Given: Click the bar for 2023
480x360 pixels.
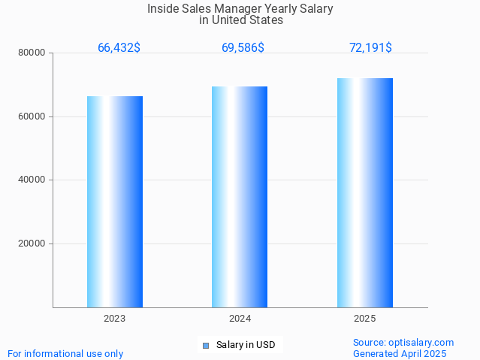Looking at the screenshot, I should point(115,201).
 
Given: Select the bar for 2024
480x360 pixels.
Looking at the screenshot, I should point(240,197).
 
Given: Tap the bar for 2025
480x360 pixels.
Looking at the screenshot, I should point(365,192).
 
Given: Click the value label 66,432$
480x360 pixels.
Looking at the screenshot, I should point(119,48).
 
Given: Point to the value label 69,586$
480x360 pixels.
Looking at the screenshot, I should point(243,48).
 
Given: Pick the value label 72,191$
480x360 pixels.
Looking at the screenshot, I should point(370,48).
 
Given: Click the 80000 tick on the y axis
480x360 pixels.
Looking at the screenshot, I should point(33,53).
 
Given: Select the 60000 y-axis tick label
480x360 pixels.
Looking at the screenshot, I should point(33,116).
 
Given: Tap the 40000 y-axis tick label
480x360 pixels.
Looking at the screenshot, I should point(33,180).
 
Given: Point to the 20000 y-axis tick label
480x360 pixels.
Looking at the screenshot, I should point(33,244).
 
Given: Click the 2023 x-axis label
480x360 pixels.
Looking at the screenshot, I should point(115,319).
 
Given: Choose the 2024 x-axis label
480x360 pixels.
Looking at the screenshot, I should point(240,319).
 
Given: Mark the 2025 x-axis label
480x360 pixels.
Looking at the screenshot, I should point(365,319).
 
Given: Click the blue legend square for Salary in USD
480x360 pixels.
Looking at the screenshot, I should point(205,346).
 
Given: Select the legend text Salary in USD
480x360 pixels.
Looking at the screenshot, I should point(246,346).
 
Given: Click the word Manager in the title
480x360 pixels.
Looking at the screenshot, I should point(228,9).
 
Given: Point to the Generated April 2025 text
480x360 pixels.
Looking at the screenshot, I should point(400,354).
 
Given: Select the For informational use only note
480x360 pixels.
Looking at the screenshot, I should point(65,354).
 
